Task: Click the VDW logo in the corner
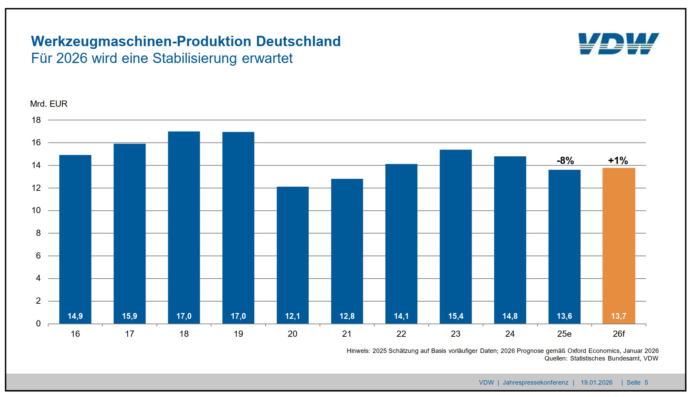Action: [618, 44]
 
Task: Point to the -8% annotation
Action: [565, 160]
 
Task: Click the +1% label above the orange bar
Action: [618, 160]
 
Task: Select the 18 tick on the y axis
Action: [36, 120]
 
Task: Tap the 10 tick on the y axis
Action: [36, 210]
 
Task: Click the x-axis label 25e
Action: [564, 334]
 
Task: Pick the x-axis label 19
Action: [238, 334]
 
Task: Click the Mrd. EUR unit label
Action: [49, 104]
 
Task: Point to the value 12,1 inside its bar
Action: [293, 316]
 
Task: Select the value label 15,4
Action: [456, 316]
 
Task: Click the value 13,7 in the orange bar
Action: [618, 316]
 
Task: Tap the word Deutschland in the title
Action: [298, 41]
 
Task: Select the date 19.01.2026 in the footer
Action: [596, 383]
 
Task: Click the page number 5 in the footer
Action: [646, 383]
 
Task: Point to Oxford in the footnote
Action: [577, 351]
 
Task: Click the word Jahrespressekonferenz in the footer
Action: [535, 383]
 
